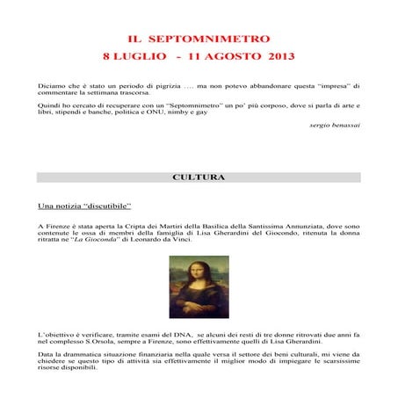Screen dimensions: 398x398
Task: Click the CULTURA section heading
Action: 199,177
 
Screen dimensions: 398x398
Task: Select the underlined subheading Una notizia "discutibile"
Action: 84,206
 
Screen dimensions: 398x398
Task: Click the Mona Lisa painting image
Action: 199,286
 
